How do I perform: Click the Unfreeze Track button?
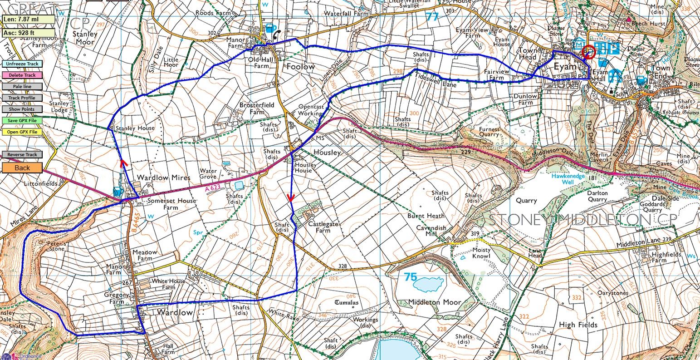point(22,64)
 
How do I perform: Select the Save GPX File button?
point(22,121)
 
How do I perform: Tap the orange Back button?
point(22,168)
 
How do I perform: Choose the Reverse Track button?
point(22,155)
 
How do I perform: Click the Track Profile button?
point(22,98)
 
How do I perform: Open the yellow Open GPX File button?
point(22,132)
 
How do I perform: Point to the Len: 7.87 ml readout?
point(28,20)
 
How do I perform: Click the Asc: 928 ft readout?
point(28,33)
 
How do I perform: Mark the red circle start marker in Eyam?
point(589,53)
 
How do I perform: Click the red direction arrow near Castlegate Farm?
point(291,197)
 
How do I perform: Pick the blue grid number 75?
point(410,276)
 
